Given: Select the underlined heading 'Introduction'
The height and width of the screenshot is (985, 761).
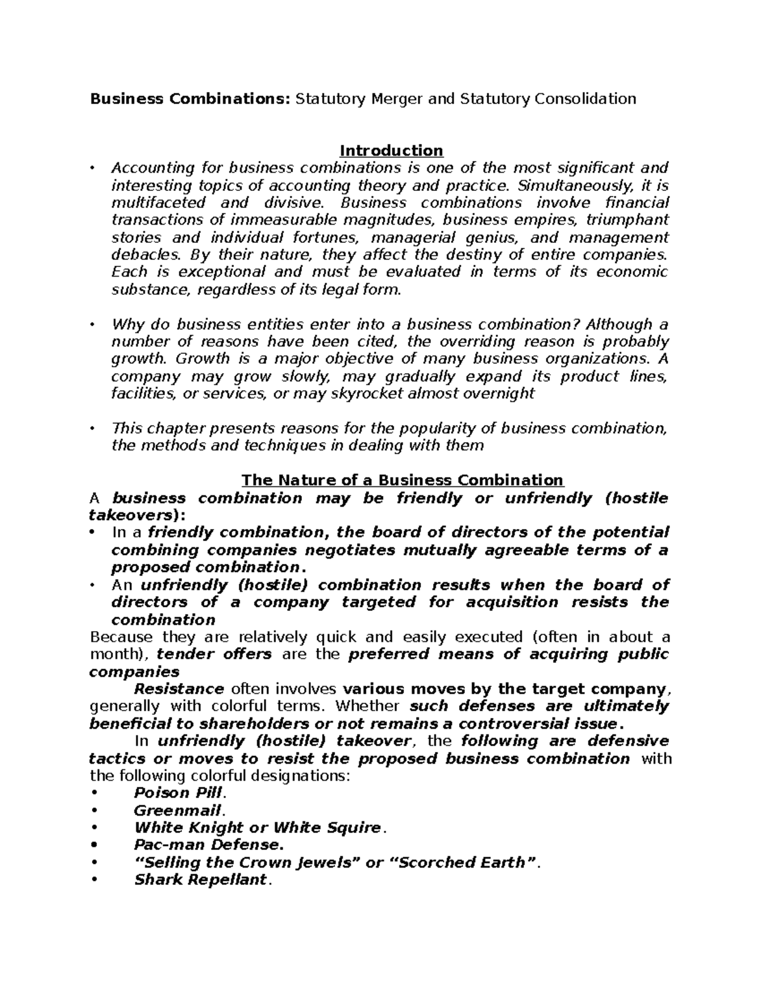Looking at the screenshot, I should click(x=391, y=151).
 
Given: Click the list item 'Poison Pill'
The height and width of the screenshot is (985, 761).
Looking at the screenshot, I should click(x=179, y=793).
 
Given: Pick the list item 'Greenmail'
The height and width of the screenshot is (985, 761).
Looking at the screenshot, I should click(x=178, y=811).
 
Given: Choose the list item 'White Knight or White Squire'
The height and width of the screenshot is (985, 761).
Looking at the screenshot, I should click(x=258, y=828).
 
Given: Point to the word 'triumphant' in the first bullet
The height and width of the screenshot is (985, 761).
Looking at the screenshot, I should click(x=627, y=220).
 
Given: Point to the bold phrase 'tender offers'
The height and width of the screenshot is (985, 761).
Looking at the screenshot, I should click(x=214, y=655).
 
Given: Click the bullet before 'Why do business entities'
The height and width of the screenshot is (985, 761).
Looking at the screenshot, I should click(x=93, y=325).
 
